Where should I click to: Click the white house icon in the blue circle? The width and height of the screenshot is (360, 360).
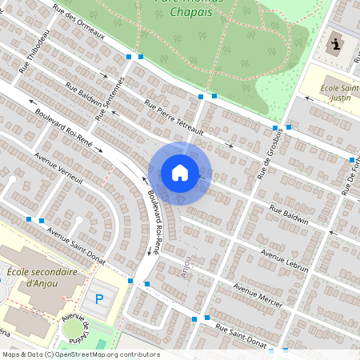point(180,173)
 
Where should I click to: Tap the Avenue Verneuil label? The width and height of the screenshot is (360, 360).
point(60,168)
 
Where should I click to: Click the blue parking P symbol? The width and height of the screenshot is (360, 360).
point(100,300)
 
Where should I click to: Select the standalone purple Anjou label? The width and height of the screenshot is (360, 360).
point(186,266)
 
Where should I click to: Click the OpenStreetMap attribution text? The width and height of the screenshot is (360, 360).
point(80,354)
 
